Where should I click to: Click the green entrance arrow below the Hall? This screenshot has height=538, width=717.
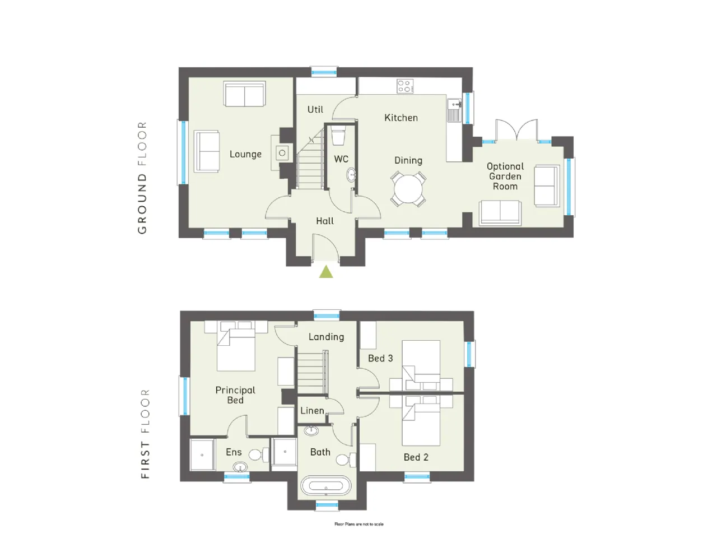[x=325, y=272]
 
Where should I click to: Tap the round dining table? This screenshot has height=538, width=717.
[x=408, y=189]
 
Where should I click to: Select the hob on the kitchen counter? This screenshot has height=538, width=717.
[x=405, y=86]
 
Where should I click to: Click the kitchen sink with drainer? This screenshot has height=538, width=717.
[x=454, y=110]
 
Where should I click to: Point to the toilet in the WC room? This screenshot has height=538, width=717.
[x=338, y=137]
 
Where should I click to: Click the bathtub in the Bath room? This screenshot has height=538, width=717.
[x=325, y=485]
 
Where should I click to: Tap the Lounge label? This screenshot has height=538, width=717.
[x=245, y=154]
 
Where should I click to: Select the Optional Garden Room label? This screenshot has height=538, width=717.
[x=505, y=177]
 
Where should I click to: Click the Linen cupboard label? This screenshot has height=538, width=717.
[x=312, y=411]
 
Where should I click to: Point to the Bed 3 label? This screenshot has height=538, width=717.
[x=380, y=358]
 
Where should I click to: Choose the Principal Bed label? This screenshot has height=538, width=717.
[x=235, y=395]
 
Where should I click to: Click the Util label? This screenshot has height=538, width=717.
[x=315, y=109]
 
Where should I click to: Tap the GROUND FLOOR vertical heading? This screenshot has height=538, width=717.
[x=142, y=178]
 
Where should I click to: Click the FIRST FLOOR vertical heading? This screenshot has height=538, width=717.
[x=145, y=434]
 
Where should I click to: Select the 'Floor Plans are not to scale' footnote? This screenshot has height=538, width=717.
[x=359, y=524]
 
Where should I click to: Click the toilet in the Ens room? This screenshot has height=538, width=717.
[x=258, y=454]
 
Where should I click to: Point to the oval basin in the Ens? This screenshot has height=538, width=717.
[x=240, y=467]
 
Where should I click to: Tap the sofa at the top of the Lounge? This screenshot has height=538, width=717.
[x=245, y=94]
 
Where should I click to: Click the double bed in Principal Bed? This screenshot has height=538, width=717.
[x=236, y=346]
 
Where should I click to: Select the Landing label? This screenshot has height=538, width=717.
[x=327, y=337]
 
